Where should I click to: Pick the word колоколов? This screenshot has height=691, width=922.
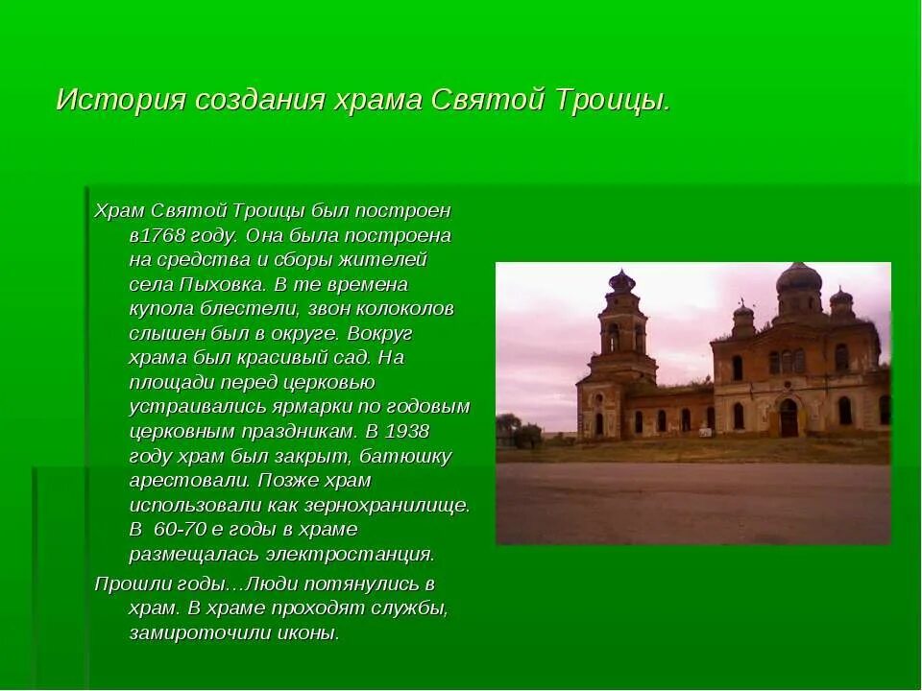401,309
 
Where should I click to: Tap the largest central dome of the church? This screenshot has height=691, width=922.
798,281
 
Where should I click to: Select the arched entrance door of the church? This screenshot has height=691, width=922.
789,418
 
